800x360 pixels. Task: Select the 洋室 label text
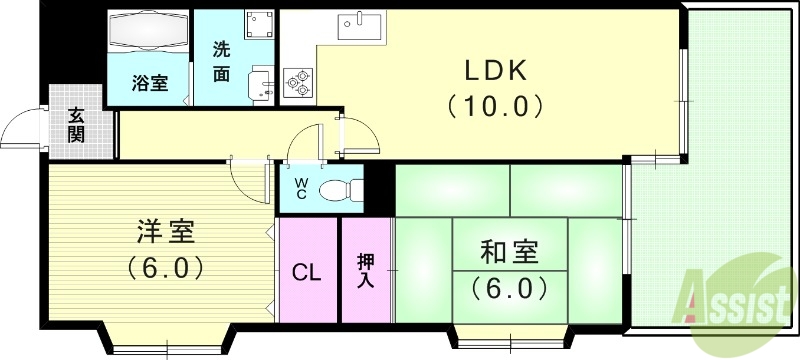coord(165,233)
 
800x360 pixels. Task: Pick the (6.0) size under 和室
coord(510,289)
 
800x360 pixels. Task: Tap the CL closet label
coord(307,273)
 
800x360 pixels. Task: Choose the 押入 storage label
coord(367,271)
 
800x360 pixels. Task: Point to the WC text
coord(300,188)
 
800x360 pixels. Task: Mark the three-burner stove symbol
coord(298,81)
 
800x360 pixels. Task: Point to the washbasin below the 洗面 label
coord(259,81)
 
